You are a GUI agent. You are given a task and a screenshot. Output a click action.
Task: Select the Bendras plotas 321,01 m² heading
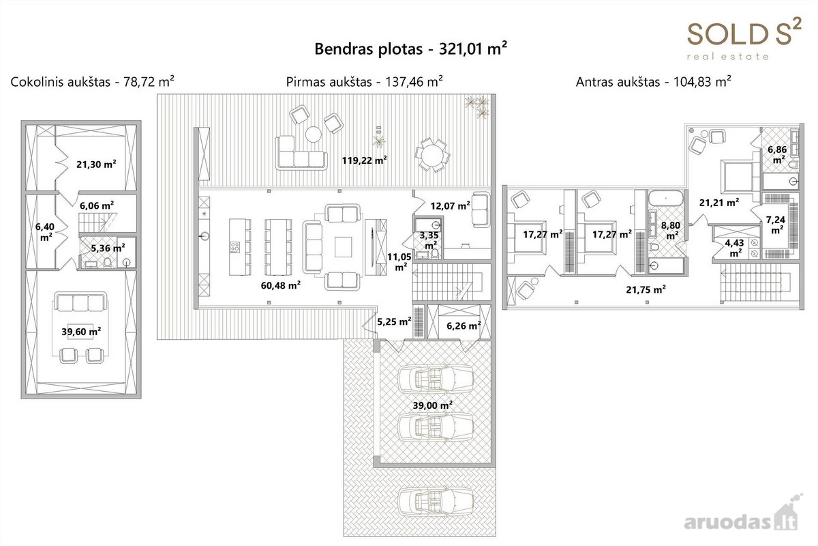[x=411, y=48]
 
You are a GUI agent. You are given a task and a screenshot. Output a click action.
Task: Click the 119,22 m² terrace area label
[x=364, y=160]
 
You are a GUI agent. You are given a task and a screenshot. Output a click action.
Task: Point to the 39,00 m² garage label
[x=433, y=405]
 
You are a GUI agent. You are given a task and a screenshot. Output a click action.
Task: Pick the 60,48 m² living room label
[x=280, y=285]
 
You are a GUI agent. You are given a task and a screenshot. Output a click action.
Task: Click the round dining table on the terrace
[x=432, y=155]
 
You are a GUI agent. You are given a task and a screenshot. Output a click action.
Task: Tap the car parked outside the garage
[x=436, y=502]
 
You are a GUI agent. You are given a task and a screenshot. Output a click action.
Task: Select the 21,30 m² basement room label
[x=96, y=164]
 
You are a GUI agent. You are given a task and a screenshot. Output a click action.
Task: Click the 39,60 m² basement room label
[x=81, y=332]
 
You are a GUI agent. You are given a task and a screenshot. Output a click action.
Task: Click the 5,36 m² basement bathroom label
[x=108, y=248]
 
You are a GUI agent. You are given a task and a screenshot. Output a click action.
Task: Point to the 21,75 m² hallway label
[x=646, y=289]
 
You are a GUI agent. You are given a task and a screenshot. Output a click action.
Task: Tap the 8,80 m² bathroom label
[x=671, y=231]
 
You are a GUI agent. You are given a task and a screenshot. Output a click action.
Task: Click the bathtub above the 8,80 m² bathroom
[x=666, y=199]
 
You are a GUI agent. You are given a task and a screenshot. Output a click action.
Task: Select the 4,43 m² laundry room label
[x=734, y=248]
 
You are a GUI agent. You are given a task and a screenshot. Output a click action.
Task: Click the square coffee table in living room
[x=343, y=247]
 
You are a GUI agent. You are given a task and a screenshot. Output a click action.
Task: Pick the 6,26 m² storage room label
[x=464, y=326]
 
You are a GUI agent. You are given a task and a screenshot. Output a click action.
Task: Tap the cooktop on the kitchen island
[x=234, y=247]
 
